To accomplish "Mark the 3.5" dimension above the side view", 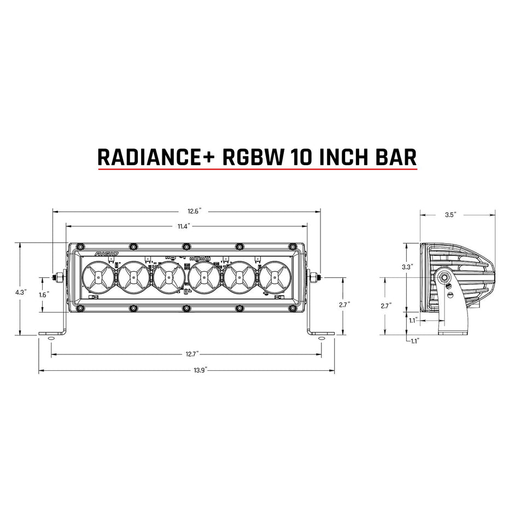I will (x=450, y=215).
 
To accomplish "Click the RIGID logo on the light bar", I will (x=105, y=254).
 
